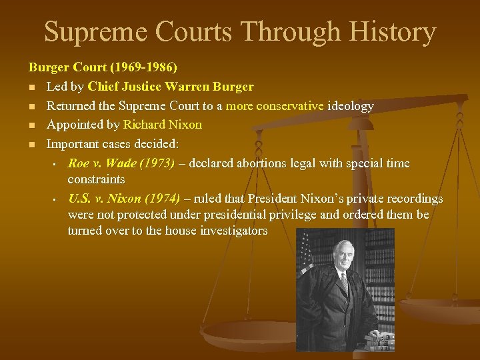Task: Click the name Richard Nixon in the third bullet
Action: [x=162, y=125]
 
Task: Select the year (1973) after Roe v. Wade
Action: [x=157, y=163]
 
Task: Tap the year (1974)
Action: [x=160, y=199]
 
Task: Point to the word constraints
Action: [x=96, y=179]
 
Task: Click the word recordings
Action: [x=413, y=199]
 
